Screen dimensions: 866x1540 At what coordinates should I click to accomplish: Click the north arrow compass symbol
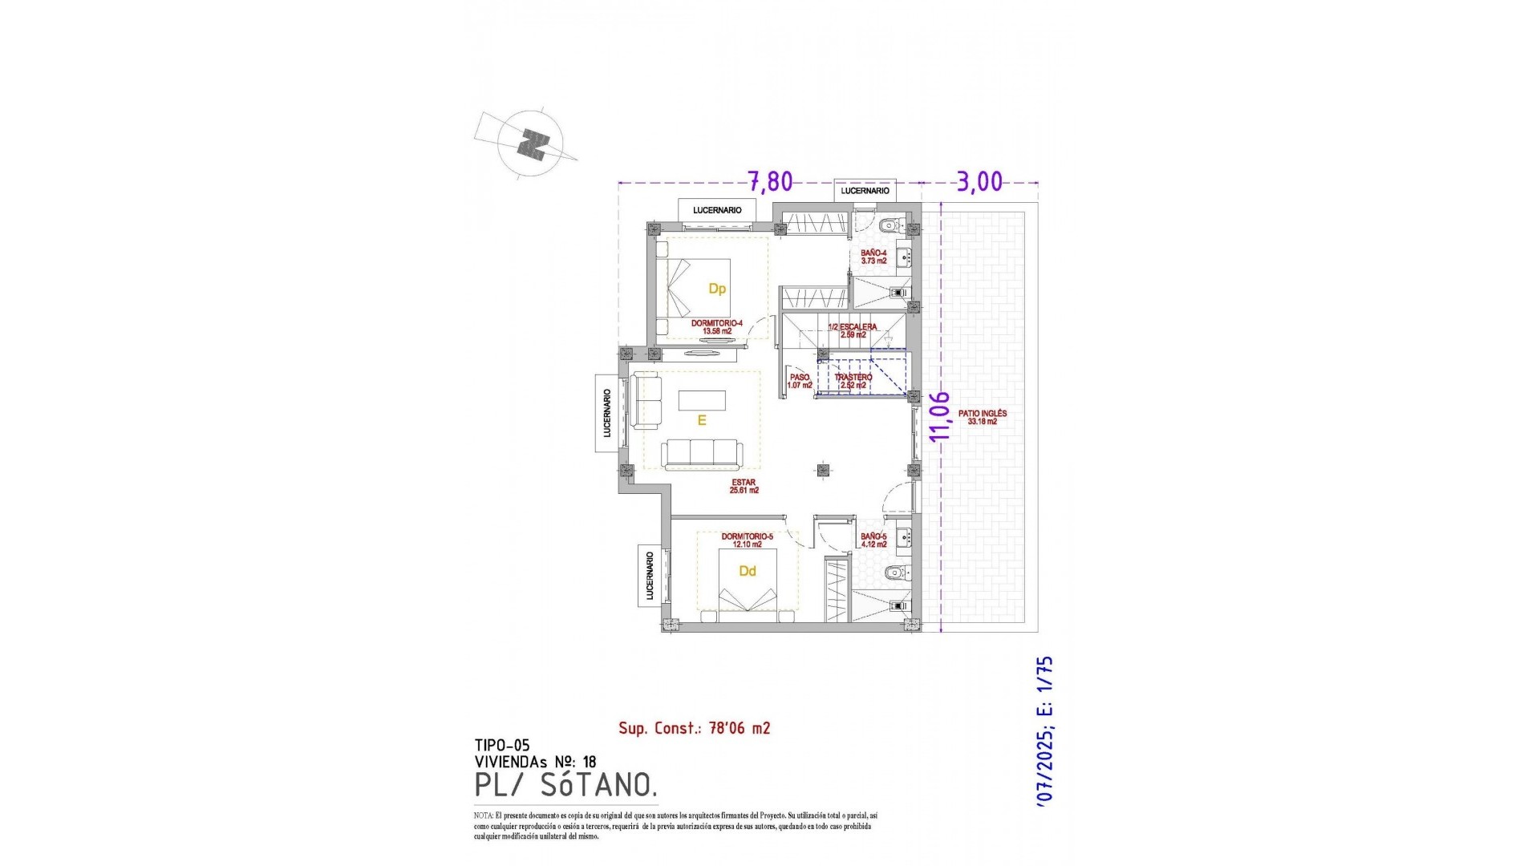coord(530,144)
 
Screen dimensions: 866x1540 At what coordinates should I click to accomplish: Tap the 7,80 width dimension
coord(770,182)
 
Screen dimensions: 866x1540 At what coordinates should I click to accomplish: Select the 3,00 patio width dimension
coord(979,182)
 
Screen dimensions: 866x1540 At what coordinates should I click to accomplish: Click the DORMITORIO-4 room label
coord(716,326)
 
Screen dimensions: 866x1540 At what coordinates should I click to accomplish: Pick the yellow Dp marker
coord(717,289)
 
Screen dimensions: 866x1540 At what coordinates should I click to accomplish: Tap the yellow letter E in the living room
coord(702,420)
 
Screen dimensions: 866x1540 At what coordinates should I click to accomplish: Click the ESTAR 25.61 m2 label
coord(744,486)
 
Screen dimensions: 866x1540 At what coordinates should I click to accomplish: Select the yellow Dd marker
coord(748,571)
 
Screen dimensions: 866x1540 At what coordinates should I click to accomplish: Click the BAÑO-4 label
coord(873,257)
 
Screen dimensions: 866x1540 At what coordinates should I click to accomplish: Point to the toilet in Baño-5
coord(895,573)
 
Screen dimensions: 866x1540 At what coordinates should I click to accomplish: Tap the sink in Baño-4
coord(904,258)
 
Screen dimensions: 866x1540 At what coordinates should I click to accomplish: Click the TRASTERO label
coord(853,381)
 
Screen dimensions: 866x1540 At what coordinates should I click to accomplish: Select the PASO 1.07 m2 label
coord(800,381)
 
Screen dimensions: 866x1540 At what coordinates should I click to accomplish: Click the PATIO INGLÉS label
coord(982,417)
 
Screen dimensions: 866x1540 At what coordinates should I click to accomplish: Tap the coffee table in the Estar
coord(702,399)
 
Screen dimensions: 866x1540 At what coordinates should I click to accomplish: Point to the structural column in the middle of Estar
coord(822,471)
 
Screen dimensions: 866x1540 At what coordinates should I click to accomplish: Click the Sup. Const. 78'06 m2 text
coord(694,728)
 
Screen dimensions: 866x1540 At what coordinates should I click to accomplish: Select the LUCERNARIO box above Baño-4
coord(865,191)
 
